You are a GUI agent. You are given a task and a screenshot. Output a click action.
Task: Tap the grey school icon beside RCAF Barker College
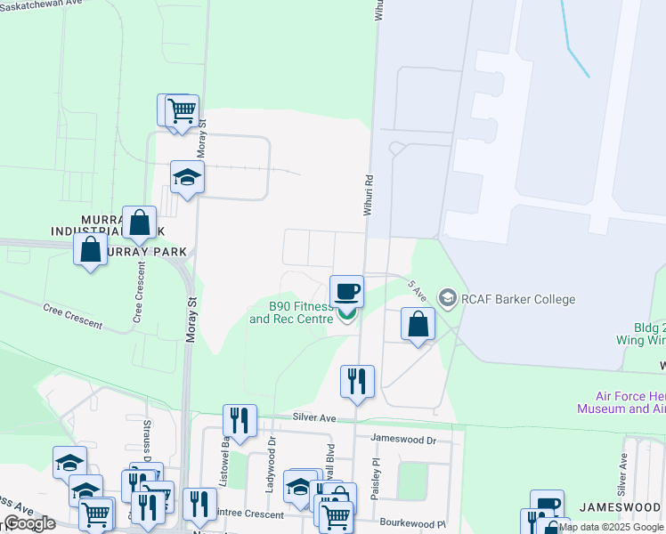pos(447,298)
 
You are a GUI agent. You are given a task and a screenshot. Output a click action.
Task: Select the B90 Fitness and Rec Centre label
pos(290,312)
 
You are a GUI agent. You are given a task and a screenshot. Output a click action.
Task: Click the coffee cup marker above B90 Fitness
pos(346,291)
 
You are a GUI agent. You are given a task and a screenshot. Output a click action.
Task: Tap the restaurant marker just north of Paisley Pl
pos(357,381)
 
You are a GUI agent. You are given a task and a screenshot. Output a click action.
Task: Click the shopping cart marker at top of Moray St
pos(181,111)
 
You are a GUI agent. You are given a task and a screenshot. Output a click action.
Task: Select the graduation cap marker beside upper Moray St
pos(188,177)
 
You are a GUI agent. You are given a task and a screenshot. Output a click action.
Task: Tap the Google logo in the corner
pos(29,523)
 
